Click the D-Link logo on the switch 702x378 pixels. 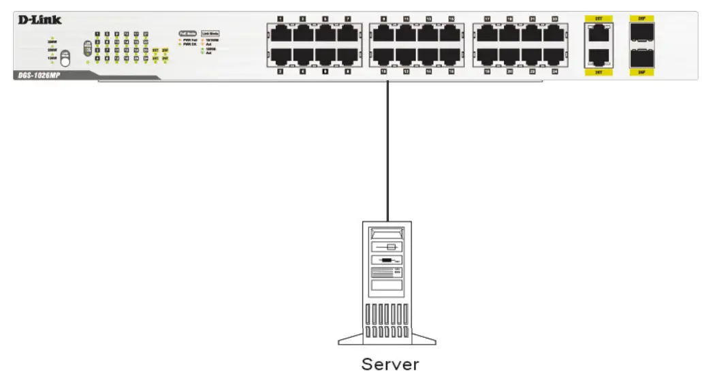[40, 20]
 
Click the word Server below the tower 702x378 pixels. [390, 364]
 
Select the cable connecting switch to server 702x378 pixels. [388, 150]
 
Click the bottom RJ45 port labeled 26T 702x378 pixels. [598, 57]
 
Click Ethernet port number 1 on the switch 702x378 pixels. [281, 35]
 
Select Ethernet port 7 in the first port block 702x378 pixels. [347, 35]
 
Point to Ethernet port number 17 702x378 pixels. [488, 35]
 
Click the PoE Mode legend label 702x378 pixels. [187, 33]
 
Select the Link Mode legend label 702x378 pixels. [210, 33]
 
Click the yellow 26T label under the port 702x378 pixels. [598, 72]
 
